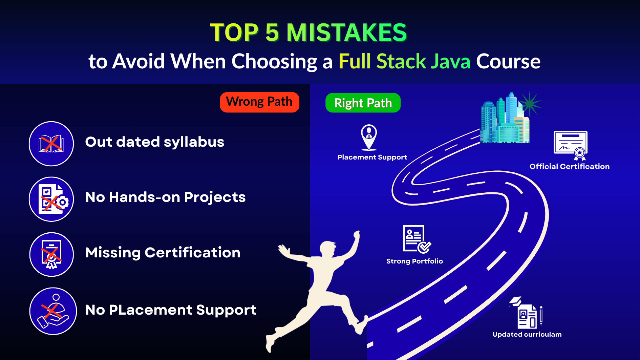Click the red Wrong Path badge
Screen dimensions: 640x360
[259, 102]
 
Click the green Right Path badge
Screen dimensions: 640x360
[363, 103]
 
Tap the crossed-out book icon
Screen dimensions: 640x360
[51, 144]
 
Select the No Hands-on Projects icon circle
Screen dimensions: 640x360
[51, 199]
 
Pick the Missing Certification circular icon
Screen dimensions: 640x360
[51, 254]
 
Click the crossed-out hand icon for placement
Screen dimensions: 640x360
[53, 311]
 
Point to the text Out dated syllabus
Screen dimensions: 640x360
[155, 142]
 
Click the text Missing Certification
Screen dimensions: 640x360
[163, 253]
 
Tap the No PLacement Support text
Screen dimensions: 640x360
[171, 310]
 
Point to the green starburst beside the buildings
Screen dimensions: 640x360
[530, 103]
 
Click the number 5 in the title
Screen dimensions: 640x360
[272, 33]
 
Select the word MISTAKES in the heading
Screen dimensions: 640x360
[346, 33]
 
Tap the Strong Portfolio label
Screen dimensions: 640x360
[414, 261]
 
